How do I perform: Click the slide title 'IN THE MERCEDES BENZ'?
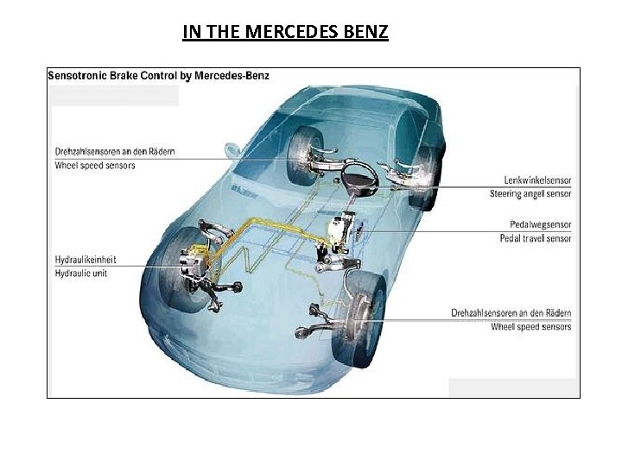pos(285,33)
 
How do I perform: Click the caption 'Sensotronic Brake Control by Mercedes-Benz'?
pos(158,76)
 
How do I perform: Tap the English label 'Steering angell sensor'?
pos(530,194)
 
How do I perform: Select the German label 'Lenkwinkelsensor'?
pos(537,180)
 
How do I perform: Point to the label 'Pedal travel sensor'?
pos(535,238)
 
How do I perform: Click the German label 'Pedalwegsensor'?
pos(540,224)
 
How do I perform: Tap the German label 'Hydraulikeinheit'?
pos(86,259)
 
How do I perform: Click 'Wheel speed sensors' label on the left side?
pos(95,165)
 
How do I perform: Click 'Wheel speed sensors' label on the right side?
pos(530,327)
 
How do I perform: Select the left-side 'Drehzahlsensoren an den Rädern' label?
pos(114,151)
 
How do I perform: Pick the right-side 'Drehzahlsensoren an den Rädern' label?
pos(511,313)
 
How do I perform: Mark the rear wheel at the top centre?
pos(308,148)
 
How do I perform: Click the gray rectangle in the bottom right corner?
pos(511,387)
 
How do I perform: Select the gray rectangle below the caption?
pos(116,94)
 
